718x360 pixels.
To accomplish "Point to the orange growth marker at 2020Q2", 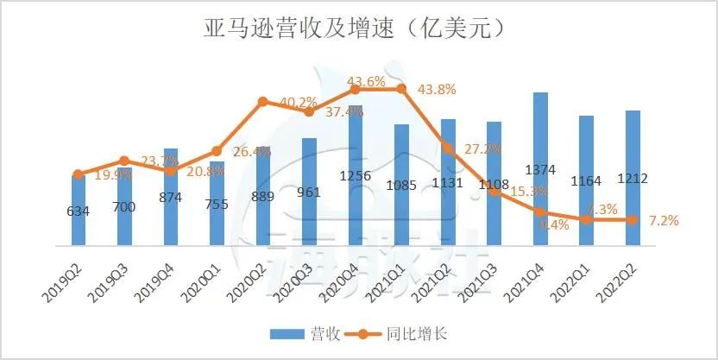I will pyautogui.click(x=262, y=102).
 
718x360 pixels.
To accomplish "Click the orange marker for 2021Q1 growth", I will pyautogui.click(x=401, y=89).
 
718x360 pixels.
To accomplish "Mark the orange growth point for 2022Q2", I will pyautogui.click(x=632, y=219).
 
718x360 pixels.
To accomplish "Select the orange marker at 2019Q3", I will pyautogui.click(x=124, y=161).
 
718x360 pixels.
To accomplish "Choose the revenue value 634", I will pyautogui.click(x=79, y=211).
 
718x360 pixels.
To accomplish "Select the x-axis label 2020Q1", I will pyautogui.click(x=205, y=281).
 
